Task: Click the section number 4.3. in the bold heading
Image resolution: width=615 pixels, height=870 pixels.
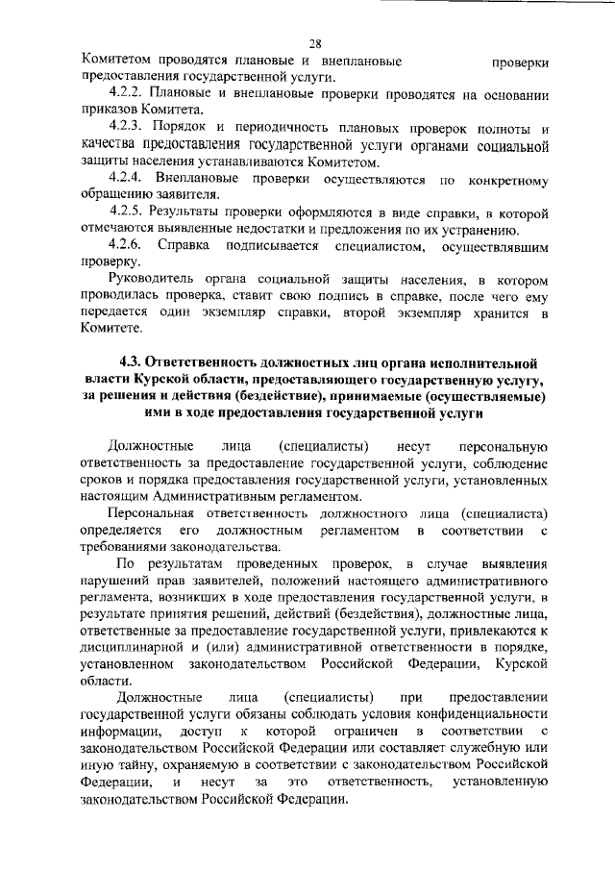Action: point(133,362)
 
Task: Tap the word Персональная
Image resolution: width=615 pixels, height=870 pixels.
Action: point(154,514)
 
